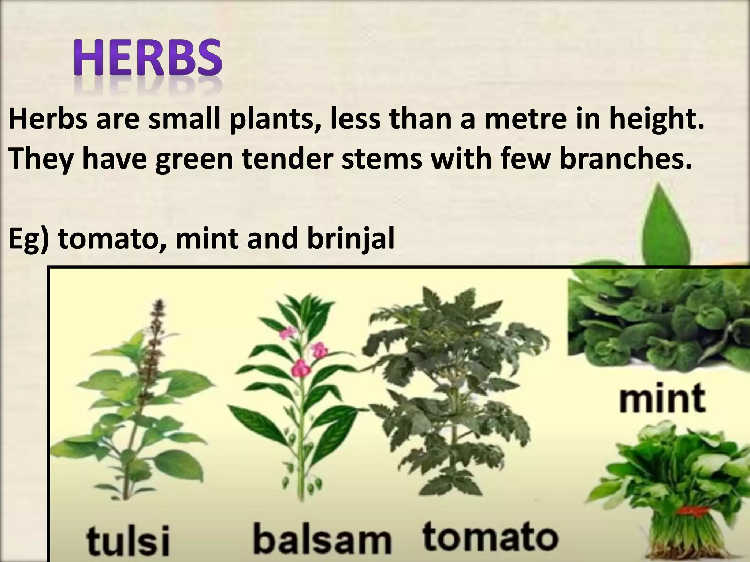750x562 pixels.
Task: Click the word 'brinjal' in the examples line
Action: (x=350, y=240)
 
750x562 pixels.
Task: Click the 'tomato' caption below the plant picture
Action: (x=490, y=537)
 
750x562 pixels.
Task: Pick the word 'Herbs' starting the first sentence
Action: (x=48, y=119)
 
